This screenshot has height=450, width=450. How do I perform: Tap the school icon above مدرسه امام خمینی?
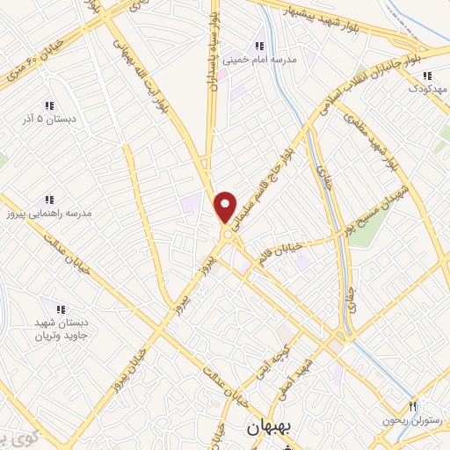(258, 46)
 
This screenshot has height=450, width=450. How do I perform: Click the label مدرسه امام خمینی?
(261, 61)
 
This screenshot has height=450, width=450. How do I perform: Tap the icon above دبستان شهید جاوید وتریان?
(62, 309)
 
